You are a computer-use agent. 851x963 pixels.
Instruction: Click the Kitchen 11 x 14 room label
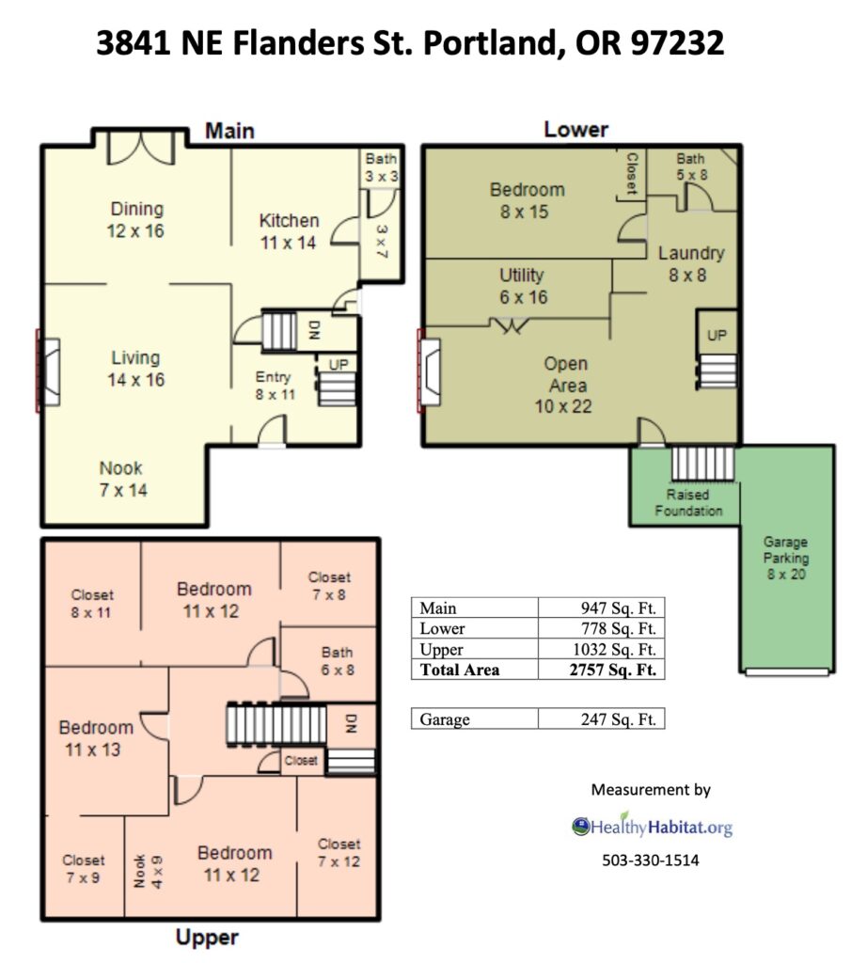289,231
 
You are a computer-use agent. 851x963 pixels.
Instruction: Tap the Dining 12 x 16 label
136,220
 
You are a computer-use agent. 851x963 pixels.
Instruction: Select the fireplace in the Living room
48,371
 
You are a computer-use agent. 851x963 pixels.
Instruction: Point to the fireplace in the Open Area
429,371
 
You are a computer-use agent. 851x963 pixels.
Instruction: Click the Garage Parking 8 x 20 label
786,559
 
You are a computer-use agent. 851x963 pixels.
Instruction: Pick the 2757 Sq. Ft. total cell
613,670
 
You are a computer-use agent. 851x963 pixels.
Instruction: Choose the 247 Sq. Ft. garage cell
619,719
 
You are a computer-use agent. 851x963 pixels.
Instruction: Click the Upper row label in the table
441,649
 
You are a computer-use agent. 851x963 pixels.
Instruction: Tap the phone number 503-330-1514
650,860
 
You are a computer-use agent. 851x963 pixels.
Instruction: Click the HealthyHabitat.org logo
652,826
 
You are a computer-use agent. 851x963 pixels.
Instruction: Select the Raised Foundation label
688,502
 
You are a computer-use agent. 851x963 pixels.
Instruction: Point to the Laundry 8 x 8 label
691,264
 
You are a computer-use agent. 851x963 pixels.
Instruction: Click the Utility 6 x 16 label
523,286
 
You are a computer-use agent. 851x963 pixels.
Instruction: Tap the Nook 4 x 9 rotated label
149,871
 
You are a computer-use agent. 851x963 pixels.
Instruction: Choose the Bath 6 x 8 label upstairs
337,661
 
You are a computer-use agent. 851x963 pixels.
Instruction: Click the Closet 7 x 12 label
339,852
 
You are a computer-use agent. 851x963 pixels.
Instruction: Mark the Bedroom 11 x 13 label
96,738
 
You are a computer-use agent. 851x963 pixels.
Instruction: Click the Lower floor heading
575,130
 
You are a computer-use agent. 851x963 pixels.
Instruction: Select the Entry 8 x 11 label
275,386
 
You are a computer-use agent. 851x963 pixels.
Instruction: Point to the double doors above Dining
141,148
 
